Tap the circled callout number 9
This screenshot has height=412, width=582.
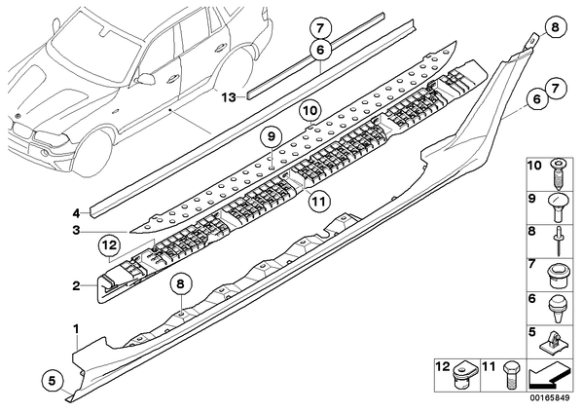[x=272, y=136]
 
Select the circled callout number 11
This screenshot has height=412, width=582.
[x=319, y=202]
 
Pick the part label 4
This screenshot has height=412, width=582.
[x=76, y=213]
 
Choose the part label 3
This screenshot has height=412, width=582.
[x=76, y=231]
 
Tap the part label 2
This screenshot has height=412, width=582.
[x=76, y=286]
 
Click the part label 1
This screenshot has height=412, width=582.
[x=76, y=329]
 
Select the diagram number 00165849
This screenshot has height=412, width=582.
[x=549, y=398]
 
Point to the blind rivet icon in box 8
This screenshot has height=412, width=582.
[x=558, y=242]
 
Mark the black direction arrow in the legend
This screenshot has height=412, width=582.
[x=550, y=376]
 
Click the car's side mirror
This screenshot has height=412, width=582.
[x=147, y=78]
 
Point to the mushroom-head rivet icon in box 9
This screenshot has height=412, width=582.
[x=558, y=207]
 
